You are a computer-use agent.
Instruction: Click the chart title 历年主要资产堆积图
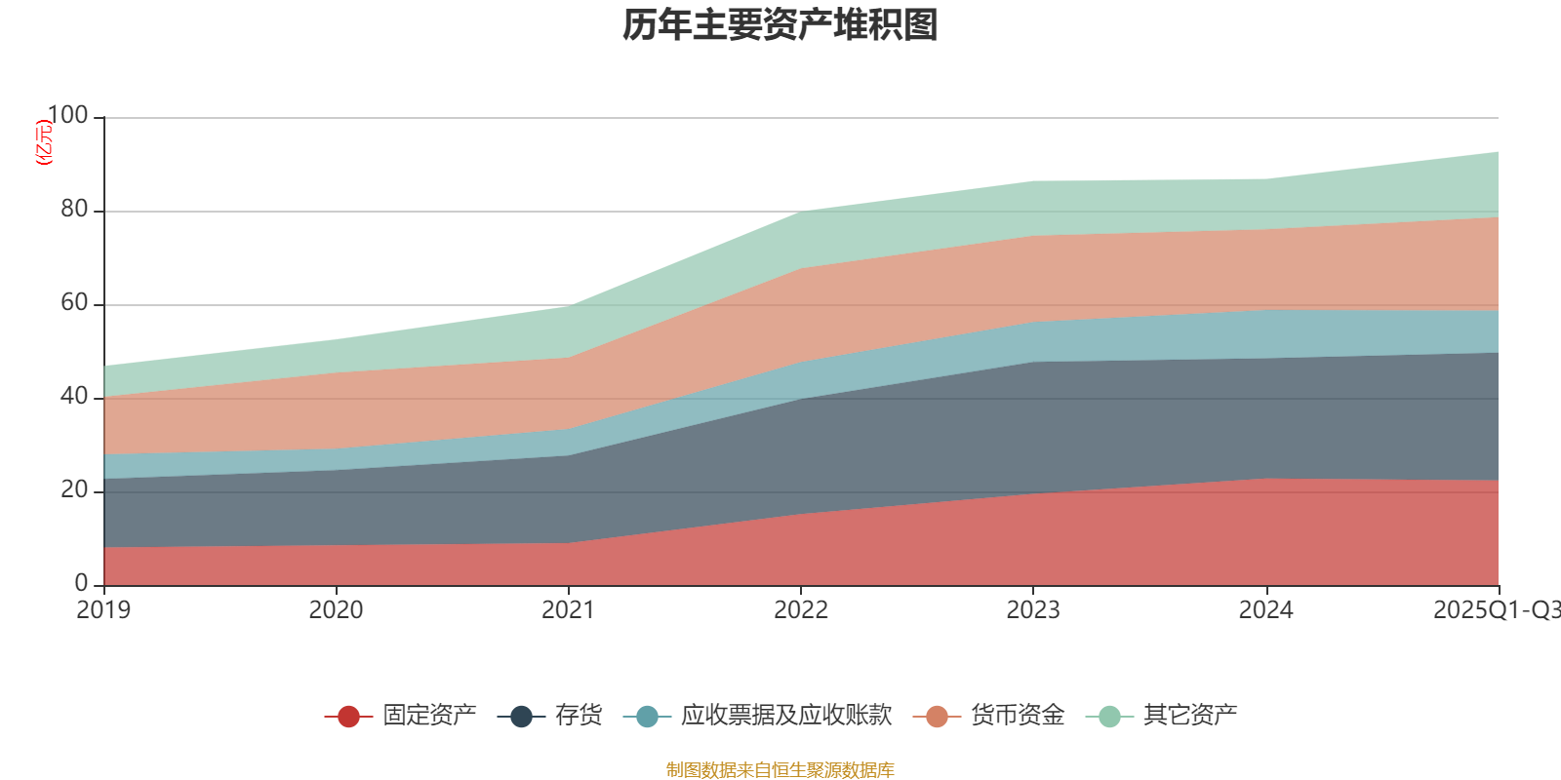click(780, 25)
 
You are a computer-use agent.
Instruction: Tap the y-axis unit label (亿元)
click(44, 142)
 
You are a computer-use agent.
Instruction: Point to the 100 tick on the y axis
click(67, 116)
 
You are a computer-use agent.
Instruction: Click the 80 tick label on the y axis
click(74, 210)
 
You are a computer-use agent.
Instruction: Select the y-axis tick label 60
click(74, 303)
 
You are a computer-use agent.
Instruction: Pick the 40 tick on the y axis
click(74, 397)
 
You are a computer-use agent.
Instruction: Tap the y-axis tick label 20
click(74, 490)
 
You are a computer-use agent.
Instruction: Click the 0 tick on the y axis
click(82, 584)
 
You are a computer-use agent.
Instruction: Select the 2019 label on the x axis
click(103, 610)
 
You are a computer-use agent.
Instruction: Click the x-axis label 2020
click(336, 610)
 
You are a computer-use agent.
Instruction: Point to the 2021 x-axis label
click(568, 610)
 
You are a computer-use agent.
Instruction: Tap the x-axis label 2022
click(800, 610)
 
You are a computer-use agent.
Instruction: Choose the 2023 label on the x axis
click(1032, 610)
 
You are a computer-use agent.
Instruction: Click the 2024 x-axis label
click(1265, 610)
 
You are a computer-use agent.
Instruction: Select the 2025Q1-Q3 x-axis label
click(1495, 610)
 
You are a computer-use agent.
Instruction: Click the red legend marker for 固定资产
click(348, 717)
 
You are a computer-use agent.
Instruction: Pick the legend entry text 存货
click(579, 716)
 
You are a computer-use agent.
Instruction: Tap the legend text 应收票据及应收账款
click(786, 716)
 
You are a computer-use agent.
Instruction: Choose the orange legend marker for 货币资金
click(937, 717)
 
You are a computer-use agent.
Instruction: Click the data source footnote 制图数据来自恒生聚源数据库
click(780, 770)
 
